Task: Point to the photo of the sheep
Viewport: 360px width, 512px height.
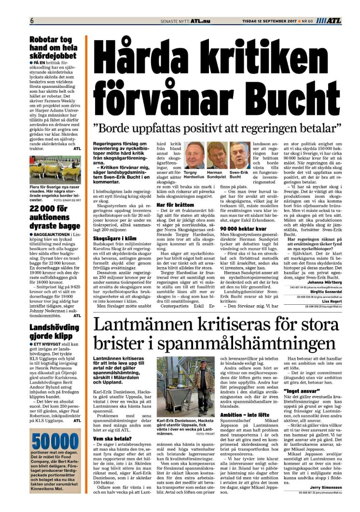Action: coord(54,171)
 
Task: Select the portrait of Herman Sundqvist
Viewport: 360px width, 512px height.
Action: coord(218,156)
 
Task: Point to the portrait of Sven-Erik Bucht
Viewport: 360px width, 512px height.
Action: coord(239,156)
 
